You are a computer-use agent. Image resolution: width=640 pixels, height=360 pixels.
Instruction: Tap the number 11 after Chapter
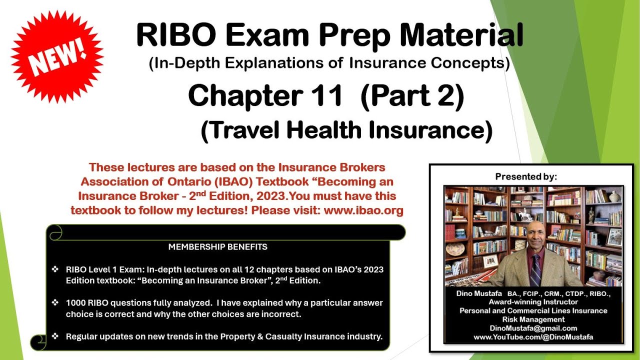324,96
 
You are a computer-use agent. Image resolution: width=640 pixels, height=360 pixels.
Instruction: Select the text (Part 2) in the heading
411,96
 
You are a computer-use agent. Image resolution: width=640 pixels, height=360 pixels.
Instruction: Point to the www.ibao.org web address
363,210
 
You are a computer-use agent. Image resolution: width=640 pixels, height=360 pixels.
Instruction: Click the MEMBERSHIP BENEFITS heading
217,247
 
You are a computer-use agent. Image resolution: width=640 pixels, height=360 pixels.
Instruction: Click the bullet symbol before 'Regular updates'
55,336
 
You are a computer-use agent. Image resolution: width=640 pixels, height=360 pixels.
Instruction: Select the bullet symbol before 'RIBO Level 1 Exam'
55,269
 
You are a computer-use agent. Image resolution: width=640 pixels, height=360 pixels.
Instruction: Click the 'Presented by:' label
526,176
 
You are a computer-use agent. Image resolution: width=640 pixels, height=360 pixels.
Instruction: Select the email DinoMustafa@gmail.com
533,328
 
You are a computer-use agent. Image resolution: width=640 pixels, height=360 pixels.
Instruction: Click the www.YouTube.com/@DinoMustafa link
533,337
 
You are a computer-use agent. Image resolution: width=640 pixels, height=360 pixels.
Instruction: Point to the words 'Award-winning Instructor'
533,302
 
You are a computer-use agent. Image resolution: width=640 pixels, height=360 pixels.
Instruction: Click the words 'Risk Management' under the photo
533,319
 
